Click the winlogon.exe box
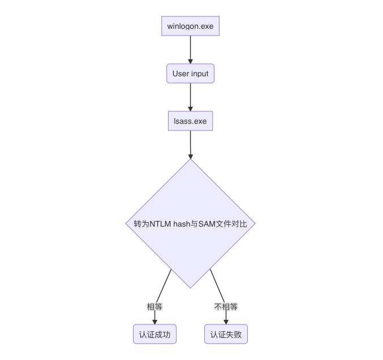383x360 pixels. click(x=190, y=26)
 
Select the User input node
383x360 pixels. click(x=190, y=73)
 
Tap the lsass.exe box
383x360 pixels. click(x=190, y=121)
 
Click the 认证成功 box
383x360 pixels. click(x=154, y=335)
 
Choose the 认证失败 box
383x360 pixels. click(x=226, y=335)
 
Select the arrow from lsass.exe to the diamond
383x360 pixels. click(x=190, y=144)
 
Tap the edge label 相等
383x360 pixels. click(x=154, y=307)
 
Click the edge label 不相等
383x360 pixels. click(x=226, y=307)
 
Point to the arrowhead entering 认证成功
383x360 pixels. click(x=154, y=322)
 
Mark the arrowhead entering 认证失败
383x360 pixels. click(x=226, y=322)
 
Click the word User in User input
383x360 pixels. click(x=180, y=73)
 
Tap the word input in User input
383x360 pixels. click(x=199, y=73)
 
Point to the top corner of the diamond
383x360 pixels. click(x=190, y=159)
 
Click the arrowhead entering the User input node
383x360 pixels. click(x=190, y=61)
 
